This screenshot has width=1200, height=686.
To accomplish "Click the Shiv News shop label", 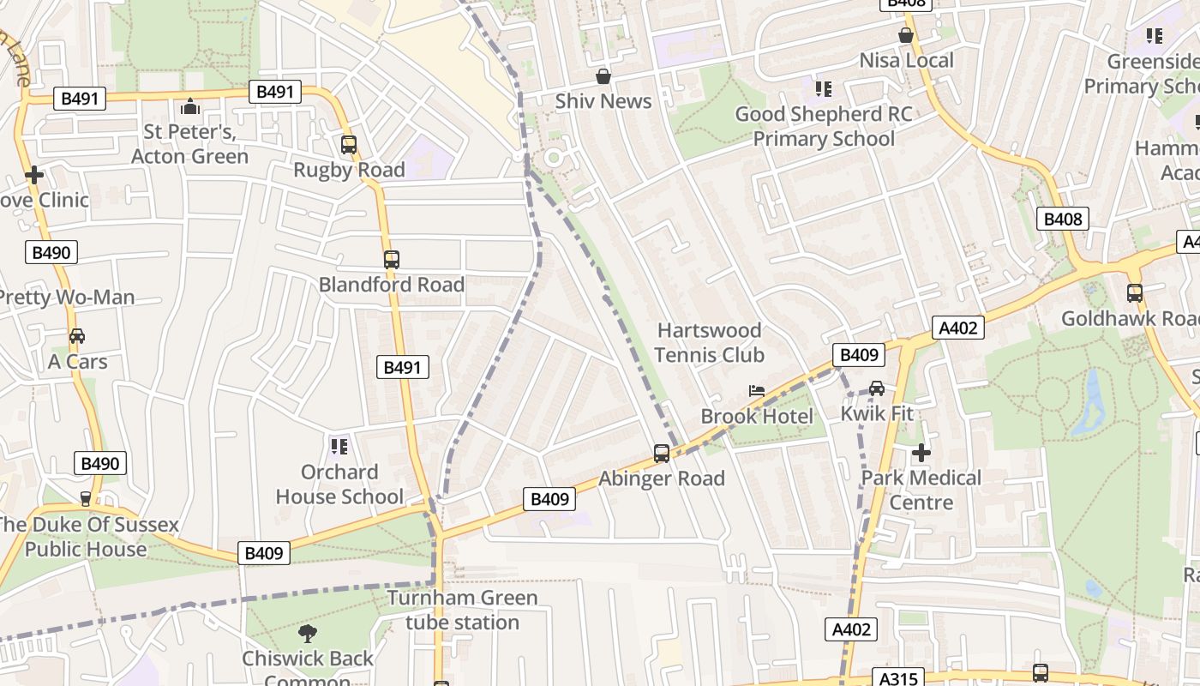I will tap(603, 101).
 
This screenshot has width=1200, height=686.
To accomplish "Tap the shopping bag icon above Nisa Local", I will tap(905, 35).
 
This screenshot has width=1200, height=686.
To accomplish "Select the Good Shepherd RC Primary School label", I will tap(824, 126).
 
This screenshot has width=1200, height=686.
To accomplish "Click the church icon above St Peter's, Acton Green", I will tap(189, 107).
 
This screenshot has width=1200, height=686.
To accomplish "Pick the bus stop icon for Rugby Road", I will tap(348, 145).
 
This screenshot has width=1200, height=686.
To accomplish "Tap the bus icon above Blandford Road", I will tap(392, 259).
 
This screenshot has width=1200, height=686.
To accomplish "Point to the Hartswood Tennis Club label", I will tap(709, 342).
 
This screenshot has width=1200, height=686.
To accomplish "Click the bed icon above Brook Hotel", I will tap(756, 391).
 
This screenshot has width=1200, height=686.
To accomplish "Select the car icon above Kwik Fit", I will tap(876, 388).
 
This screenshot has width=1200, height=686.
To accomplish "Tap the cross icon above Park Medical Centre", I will tap(921, 452).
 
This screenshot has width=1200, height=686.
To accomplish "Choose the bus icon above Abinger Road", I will tap(661, 454).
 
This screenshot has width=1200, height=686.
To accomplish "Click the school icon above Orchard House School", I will tap(339, 446).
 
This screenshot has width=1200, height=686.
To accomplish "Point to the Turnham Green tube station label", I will tap(462, 610).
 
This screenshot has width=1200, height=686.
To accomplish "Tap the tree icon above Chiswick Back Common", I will tap(307, 634).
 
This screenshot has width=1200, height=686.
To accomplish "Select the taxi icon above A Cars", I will tap(77, 336).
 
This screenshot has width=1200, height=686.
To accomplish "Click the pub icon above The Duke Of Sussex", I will tap(85, 498).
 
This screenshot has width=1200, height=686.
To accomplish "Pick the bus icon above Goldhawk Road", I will tap(1135, 293).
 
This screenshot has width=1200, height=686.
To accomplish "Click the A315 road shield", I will tap(899, 678).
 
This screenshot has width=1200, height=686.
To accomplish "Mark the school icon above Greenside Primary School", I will tap(1154, 36).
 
